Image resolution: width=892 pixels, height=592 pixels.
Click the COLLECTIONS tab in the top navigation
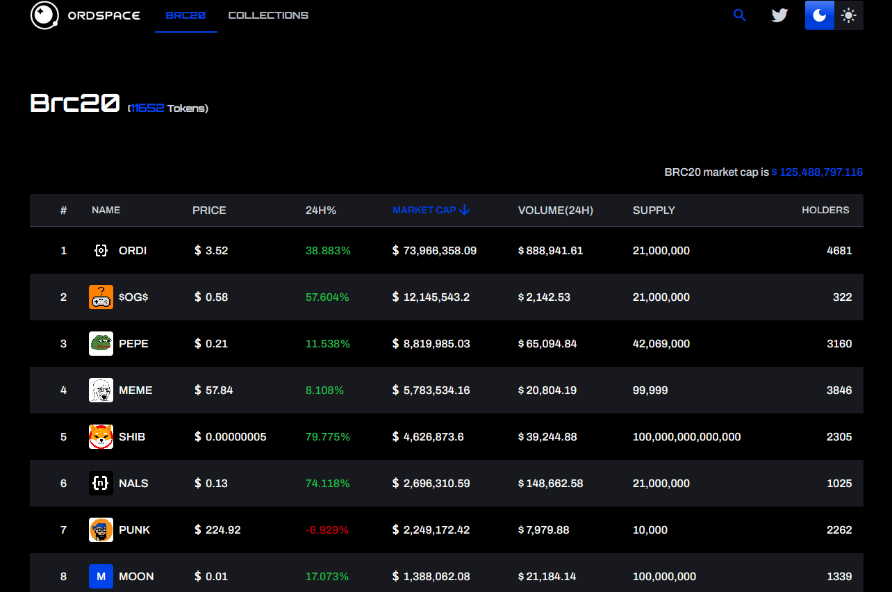pyautogui.click(x=268, y=15)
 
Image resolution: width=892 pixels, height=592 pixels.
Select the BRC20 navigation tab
pyautogui.click(x=185, y=15)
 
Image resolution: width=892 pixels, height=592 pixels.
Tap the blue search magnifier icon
pyautogui.click(x=739, y=15)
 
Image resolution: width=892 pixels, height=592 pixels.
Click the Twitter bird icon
pyautogui.click(x=779, y=15)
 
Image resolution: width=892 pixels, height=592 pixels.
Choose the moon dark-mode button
pyautogui.click(x=820, y=15)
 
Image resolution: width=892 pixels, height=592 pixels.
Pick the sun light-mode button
pyautogui.click(x=849, y=15)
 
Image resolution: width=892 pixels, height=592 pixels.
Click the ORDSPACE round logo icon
pyautogui.click(x=44, y=15)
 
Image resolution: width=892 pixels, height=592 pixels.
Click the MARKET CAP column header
pyautogui.click(x=431, y=210)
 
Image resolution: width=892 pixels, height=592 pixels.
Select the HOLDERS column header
pyautogui.click(x=825, y=210)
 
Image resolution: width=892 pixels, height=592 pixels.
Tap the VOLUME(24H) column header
pyautogui.click(x=556, y=211)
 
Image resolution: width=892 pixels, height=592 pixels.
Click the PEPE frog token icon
pyautogui.click(x=101, y=343)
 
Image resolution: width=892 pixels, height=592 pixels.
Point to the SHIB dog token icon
pyautogui.click(x=101, y=436)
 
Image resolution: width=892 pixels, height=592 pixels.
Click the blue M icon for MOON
pyautogui.click(x=101, y=576)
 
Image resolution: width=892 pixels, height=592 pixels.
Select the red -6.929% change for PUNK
pyautogui.click(x=327, y=530)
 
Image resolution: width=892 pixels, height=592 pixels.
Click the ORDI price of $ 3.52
pyautogui.click(x=211, y=251)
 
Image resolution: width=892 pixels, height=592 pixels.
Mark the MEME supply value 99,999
pyautogui.click(x=650, y=390)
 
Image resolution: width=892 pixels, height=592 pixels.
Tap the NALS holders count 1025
pyautogui.click(x=839, y=483)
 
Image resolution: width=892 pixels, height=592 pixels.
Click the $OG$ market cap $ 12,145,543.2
pyautogui.click(x=431, y=297)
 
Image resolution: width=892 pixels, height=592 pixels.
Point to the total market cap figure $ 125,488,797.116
pyautogui.click(x=817, y=172)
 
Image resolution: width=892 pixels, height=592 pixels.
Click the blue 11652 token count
pyautogui.click(x=147, y=108)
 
